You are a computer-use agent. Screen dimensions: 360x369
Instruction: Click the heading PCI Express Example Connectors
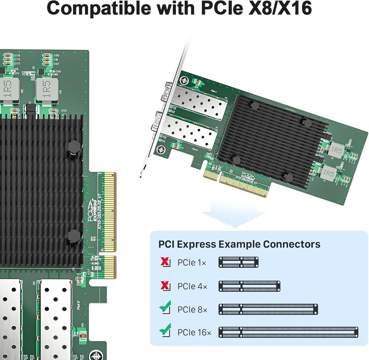239,244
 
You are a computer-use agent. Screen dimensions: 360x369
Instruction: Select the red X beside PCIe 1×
165,263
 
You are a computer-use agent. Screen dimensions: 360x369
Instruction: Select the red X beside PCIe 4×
165,286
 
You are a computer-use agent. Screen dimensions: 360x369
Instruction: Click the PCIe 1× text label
192,263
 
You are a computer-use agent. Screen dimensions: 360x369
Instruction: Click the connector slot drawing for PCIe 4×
249,286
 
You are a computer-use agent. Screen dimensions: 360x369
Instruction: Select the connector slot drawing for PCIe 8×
268,309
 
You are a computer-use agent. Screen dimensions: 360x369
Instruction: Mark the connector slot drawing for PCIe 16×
288,332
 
